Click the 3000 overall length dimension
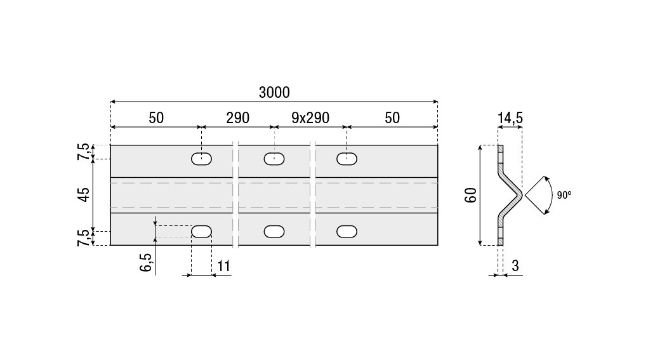pos(274,92)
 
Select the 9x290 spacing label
pos(310,118)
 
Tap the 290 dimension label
pos(237,118)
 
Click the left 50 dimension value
pos(156,118)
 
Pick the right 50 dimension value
pos(392,118)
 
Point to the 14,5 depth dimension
pos(510,118)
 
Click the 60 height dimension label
pos(471,195)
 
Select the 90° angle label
pos(564,195)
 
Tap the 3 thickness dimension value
pos(515,266)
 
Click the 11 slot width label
pos(223,266)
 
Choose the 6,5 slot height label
pos(145,262)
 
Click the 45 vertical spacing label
pos(84,194)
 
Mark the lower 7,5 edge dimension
pos(83,238)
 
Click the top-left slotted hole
pos(201,159)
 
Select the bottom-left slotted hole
pos(201,232)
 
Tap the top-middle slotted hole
pos(274,159)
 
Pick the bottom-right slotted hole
pos(347,232)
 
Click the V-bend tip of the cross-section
pos(522,195)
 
